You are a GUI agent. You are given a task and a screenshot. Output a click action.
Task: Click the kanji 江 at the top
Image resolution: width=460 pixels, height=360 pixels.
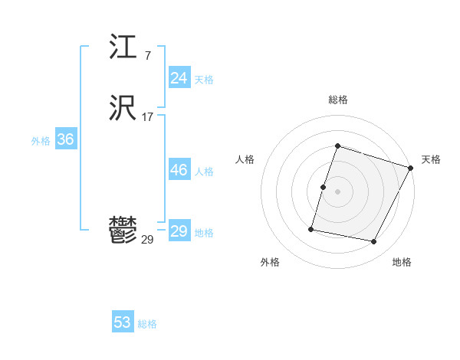click(123, 48)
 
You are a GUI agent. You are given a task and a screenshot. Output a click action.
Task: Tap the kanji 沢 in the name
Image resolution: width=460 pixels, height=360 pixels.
click(123, 110)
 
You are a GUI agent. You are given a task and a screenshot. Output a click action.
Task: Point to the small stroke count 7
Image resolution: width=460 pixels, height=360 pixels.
click(147, 56)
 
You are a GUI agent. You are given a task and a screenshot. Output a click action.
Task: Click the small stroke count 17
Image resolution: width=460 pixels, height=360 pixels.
click(147, 117)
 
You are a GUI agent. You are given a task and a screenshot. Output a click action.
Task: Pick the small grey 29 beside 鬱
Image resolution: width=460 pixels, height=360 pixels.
click(147, 240)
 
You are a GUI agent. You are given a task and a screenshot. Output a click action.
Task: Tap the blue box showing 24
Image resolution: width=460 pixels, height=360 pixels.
click(179, 78)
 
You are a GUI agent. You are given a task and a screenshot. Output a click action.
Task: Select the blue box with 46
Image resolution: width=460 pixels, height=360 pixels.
click(179, 170)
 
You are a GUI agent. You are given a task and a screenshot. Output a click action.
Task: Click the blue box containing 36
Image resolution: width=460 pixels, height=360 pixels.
click(65, 139)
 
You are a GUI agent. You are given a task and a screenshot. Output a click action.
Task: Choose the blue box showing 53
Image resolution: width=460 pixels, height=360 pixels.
click(122, 322)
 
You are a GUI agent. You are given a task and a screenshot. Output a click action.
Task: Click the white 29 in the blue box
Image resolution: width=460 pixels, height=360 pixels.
click(179, 231)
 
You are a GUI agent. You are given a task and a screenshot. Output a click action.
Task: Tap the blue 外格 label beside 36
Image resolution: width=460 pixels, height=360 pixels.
click(41, 141)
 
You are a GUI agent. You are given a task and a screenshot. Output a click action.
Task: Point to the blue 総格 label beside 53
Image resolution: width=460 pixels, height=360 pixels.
click(147, 324)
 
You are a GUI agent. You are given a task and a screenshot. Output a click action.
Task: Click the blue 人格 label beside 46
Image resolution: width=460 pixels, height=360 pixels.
click(204, 172)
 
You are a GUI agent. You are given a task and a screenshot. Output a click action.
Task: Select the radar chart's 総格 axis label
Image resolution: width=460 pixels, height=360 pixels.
click(337, 100)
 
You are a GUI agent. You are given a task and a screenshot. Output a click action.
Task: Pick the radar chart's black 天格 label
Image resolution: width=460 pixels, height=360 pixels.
click(431, 159)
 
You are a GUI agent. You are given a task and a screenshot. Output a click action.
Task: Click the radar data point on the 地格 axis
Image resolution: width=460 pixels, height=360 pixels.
click(374, 242)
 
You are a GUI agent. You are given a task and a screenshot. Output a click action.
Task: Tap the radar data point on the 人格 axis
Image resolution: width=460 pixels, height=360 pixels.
click(324, 187)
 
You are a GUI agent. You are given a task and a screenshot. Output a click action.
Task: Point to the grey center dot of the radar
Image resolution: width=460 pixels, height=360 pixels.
click(337, 191)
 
